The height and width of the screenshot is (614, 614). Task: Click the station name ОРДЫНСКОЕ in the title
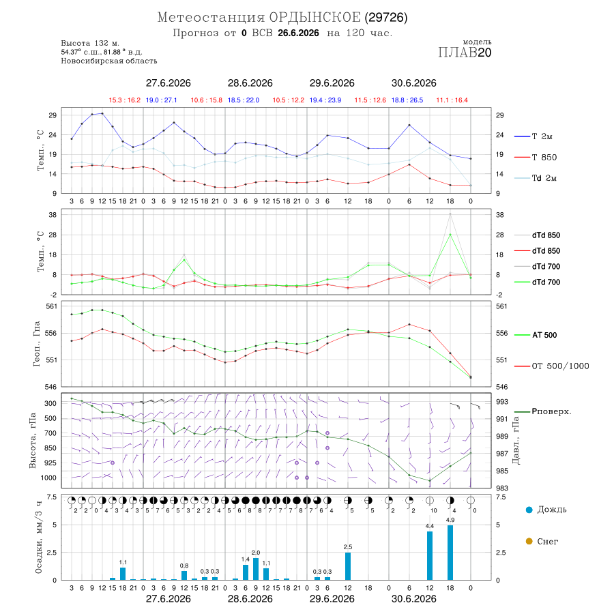click(315, 18)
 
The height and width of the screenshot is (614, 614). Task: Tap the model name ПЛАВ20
click(465, 53)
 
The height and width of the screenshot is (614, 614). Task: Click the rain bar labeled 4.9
click(450, 553)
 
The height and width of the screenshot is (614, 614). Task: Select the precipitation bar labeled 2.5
click(348, 566)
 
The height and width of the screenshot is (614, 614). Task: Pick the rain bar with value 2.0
click(256, 569)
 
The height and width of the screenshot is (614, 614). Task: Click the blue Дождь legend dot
click(529, 510)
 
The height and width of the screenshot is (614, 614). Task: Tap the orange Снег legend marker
click(529, 542)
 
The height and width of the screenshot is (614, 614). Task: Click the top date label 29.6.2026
click(332, 83)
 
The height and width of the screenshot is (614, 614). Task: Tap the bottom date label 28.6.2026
click(250, 599)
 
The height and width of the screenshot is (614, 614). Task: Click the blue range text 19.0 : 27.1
click(161, 100)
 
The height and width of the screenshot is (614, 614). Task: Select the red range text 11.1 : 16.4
click(452, 100)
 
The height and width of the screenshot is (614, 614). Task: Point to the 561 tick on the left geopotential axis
click(51, 306)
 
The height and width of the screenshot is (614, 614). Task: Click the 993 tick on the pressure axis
click(502, 402)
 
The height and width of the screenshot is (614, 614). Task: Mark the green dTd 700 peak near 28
click(450, 234)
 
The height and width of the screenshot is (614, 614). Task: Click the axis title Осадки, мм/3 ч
click(39, 538)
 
